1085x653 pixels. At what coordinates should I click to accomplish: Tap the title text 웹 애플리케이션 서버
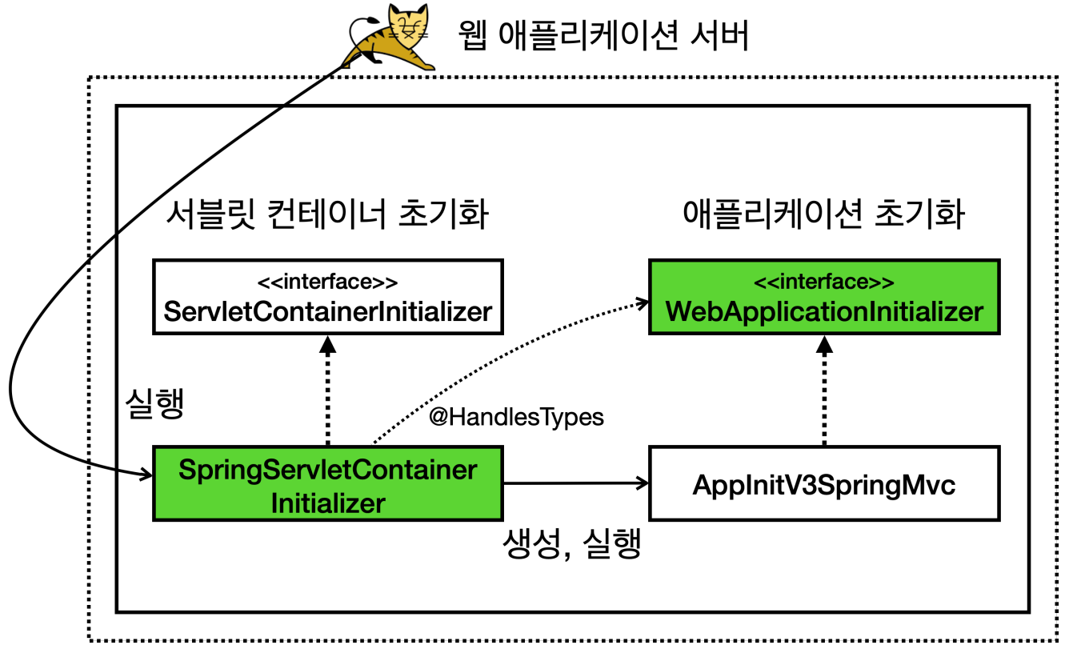[604, 36]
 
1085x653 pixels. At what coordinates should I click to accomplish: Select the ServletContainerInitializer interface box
[327, 296]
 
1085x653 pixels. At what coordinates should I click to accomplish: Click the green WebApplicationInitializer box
[823, 296]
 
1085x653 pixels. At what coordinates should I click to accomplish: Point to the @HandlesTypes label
[516, 417]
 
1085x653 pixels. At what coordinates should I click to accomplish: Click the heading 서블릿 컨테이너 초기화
[327, 214]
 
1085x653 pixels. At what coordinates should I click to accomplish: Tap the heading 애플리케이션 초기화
[823, 214]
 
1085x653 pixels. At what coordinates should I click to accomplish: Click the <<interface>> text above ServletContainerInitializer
[327, 282]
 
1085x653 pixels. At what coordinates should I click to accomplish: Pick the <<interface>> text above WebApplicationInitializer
[823, 282]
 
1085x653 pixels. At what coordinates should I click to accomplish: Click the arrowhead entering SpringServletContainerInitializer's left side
[146, 477]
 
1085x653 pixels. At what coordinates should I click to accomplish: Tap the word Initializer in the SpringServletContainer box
[327, 503]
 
